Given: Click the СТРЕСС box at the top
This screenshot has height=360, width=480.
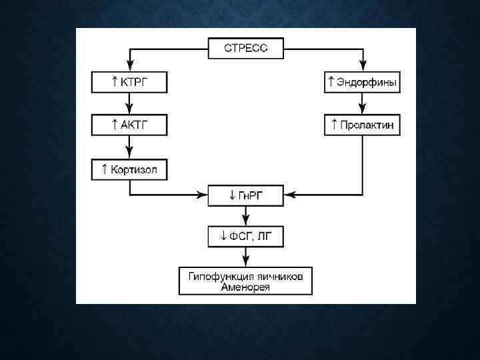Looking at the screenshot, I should (x=246, y=48).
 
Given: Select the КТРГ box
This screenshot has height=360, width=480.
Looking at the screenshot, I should (x=129, y=83).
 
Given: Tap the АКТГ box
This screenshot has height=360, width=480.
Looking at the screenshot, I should (x=129, y=125).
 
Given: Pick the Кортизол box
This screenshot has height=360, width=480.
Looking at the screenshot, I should (x=129, y=169).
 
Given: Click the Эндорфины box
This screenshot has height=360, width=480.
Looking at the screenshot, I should (x=362, y=83).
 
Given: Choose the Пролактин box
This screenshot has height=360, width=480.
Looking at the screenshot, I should (x=362, y=125).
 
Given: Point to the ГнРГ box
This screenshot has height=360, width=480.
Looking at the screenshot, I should (x=246, y=196).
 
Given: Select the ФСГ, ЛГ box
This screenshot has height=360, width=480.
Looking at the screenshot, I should (x=246, y=235).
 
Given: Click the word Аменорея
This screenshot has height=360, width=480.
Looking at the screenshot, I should (x=246, y=286).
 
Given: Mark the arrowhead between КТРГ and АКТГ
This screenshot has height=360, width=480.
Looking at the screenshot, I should (x=129, y=109).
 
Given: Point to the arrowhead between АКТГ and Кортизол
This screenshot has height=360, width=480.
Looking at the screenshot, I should (x=129, y=153).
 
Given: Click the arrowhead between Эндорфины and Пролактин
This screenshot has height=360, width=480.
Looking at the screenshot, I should (x=362, y=109).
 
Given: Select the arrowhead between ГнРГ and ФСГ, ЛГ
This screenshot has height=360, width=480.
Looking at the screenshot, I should (x=246, y=221).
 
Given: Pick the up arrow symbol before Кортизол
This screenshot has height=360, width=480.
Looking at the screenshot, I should (x=104, y=169).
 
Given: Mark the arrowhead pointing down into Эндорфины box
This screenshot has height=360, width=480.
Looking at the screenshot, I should (x=362, y=67).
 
